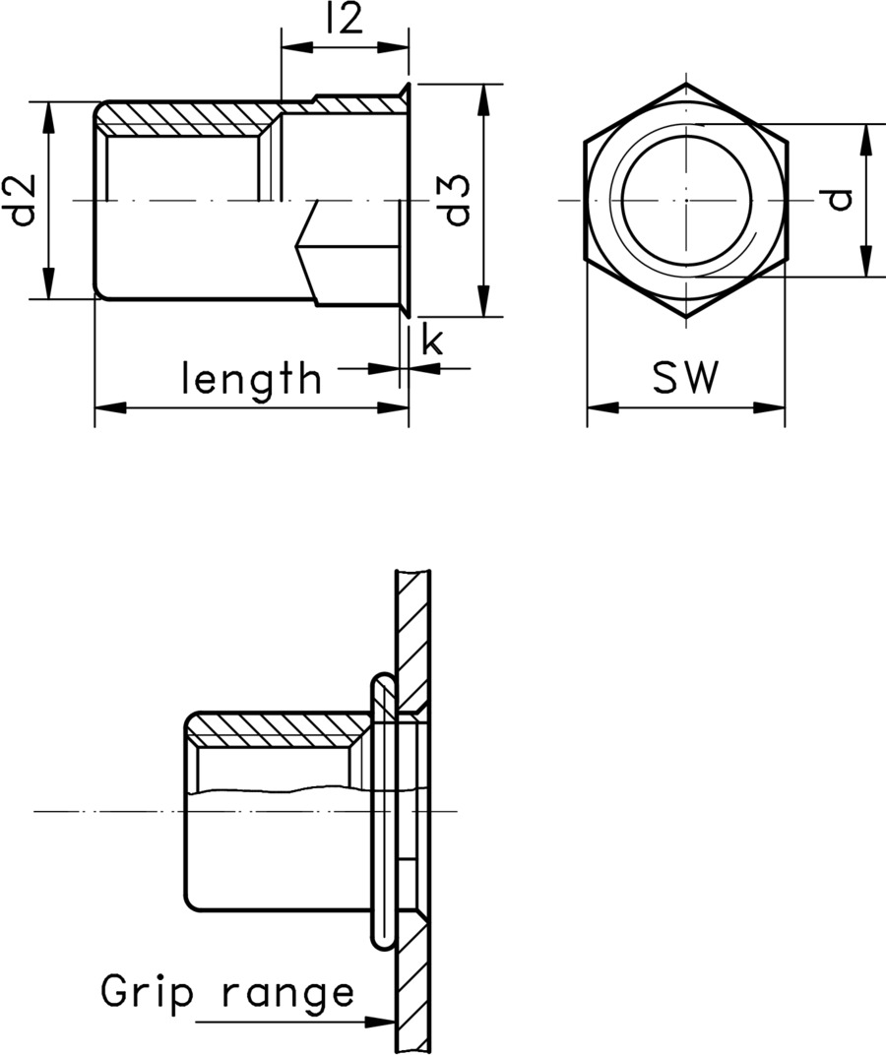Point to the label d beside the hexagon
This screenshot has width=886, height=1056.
click(x=838, y=200)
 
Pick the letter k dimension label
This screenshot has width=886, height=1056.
click(x=431, y=341)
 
